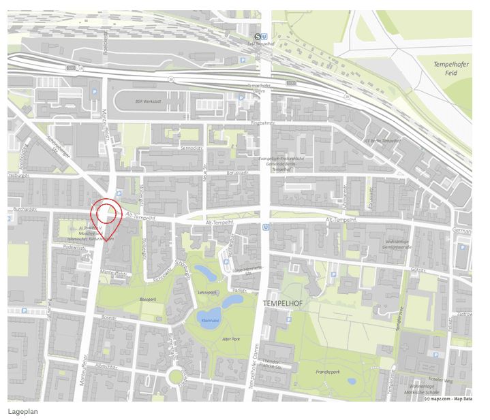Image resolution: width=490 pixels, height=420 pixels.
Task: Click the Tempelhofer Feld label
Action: tap(450, 68)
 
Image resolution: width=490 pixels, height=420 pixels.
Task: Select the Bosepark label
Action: tap(149, 299)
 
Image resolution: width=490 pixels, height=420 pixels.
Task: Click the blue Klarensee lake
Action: tap(209, 318)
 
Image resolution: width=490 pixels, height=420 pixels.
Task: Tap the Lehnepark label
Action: tap(207, 292)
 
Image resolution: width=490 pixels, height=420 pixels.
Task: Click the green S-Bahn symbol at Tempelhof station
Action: tap(258, 37)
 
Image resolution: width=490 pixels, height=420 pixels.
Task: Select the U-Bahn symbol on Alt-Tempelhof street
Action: tap(265, 229)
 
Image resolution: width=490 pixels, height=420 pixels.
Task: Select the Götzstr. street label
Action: tap(417, 270)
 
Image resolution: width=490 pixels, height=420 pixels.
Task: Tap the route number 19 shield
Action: tap(80, 68)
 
